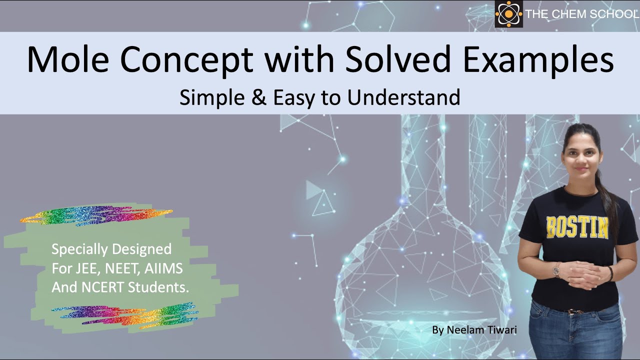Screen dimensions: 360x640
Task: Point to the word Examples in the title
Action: [538, 59]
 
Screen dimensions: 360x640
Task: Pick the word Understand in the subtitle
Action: [403, 97]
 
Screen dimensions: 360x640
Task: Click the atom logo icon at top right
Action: [508, 14]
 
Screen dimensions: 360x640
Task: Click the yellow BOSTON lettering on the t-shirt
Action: [577, 227]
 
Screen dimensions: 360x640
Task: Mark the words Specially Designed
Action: [111, 248]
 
